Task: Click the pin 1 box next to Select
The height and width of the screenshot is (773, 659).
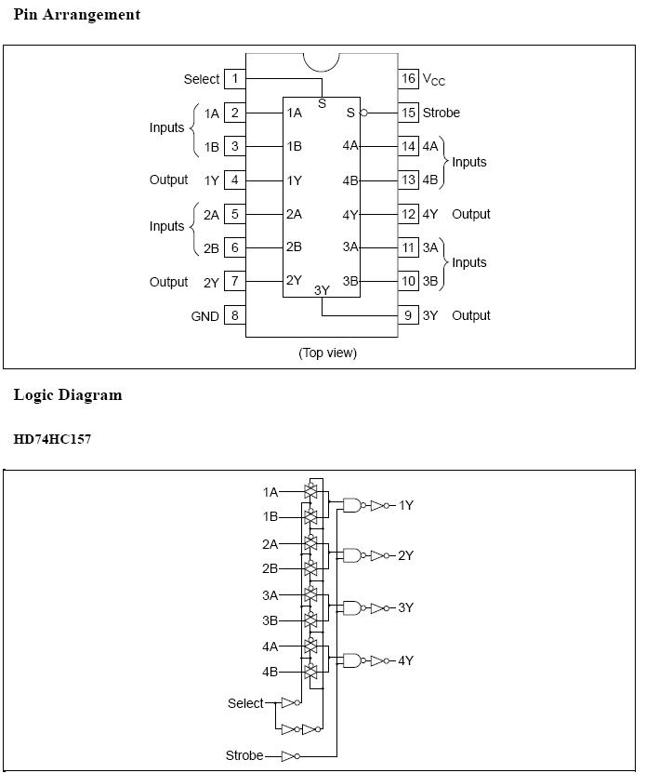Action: (x=235, y=79)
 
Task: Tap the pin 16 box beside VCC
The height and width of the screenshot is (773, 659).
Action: (x=409, y=79)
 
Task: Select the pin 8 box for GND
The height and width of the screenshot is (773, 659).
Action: (x=235, y=315)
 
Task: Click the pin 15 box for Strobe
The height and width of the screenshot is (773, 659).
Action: (x=409, y=113)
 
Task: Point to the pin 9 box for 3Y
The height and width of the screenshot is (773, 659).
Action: (x=409, y=315)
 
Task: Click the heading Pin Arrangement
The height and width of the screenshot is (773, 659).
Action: (x=77, y=15)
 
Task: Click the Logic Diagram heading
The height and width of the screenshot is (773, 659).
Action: (x=68, y=395)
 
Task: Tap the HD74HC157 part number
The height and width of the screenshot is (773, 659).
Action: (x=52, y=438)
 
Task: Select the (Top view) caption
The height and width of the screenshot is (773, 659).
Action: (x=327, y=353)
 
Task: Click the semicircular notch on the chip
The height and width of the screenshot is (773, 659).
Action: (x=322, y=61)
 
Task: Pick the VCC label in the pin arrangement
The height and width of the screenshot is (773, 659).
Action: (x=434, y=80)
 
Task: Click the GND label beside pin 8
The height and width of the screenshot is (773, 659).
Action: (x=205, y=316)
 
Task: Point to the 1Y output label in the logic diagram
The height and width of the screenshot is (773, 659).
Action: (x=406, y=505)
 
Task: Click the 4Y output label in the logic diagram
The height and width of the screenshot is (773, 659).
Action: (x=406, y=660)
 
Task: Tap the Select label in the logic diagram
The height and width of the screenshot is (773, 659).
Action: (x=245, y=703)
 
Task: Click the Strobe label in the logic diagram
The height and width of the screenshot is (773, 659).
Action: (x=244, y=755)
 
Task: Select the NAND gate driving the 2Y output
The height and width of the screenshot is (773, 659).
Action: (x=352, y=555)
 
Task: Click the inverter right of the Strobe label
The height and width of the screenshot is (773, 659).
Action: (x=290, y=755)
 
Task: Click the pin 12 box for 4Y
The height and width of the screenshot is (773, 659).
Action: (x=409, y=214)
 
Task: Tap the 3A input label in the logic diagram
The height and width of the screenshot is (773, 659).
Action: (x=270, y=595)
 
